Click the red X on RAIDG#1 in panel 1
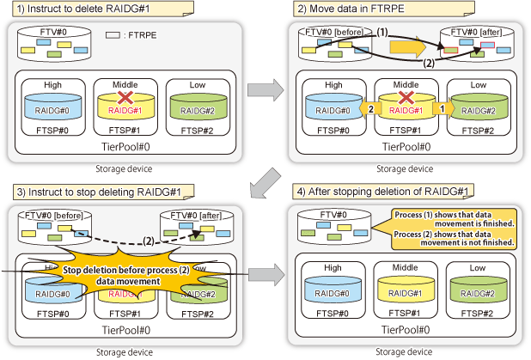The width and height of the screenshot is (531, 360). pyautogui.click(x=125, y=101)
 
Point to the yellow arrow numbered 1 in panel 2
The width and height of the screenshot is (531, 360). pyautogui.click(x=442, y=109)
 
